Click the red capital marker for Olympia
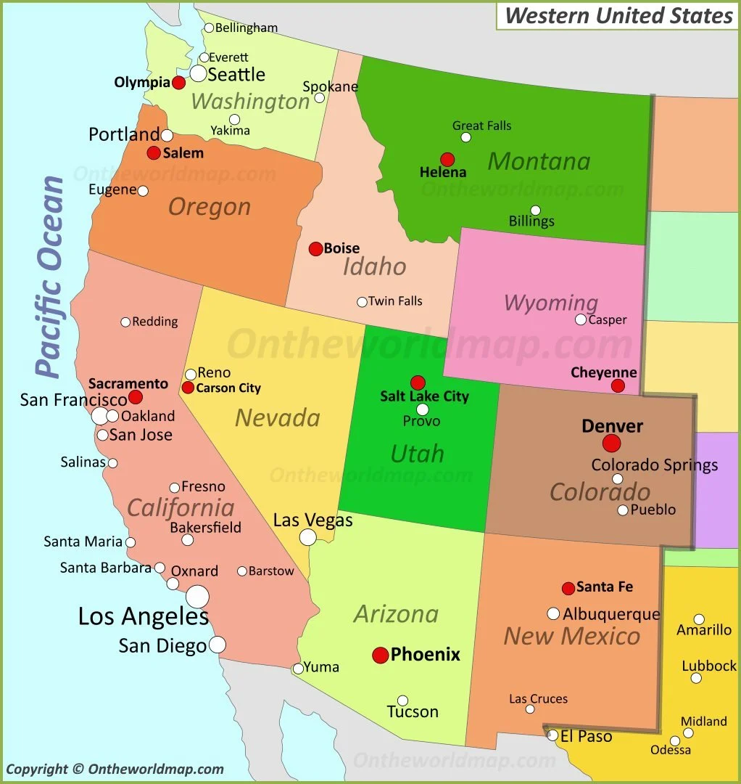[178, 83]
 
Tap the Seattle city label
[236, 74]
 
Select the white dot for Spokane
[320, 97]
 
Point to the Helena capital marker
[447, 159]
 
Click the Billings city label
[531, 221]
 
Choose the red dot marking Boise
[315, 249]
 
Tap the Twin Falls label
[395, 301]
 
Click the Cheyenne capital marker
[618, 385]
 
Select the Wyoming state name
[551, 302]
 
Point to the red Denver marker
[612, 443]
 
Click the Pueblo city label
[653, 510]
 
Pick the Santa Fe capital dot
[568, 588]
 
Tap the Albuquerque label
[611, 614]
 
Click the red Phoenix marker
[381, 656]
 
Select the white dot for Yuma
[298, 669]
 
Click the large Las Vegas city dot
[308, 537]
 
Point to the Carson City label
[228, 388]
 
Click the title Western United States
[618, 15]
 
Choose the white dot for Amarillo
[699, 619]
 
